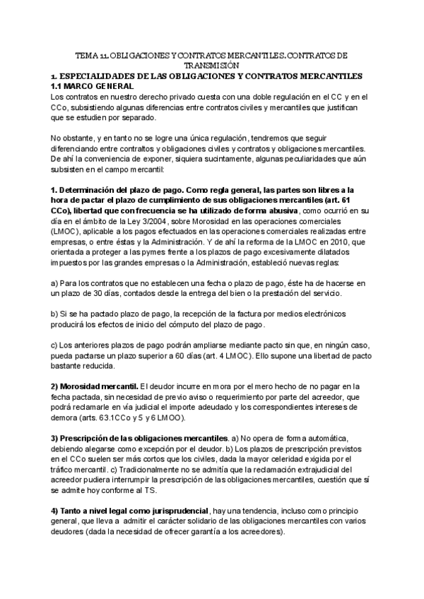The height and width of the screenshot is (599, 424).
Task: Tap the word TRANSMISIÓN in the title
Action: point(211,64)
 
